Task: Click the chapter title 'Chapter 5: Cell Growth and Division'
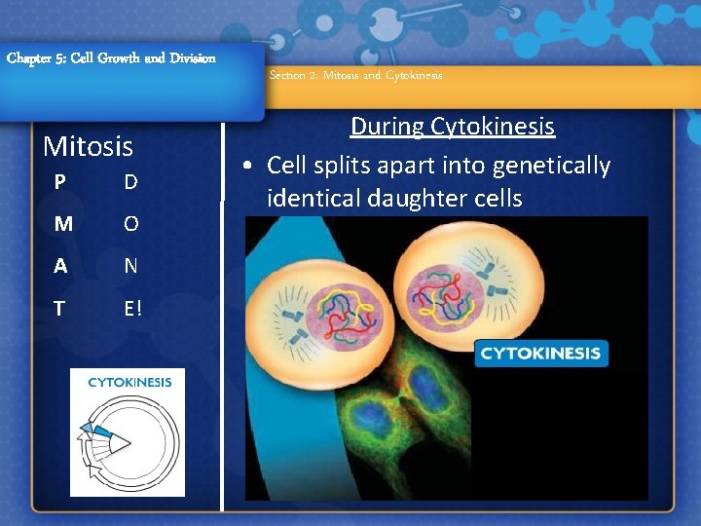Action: point(111,57)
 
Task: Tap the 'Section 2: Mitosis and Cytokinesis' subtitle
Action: point(355,75)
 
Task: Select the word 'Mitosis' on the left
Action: point(89,147)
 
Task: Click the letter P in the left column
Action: point(60,183)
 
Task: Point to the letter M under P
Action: point(62,224)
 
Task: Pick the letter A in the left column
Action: point(61,266)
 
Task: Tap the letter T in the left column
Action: point(60,309)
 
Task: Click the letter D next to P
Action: point(130,183)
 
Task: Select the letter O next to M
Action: point(130,224)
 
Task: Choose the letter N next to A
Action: point(130,266)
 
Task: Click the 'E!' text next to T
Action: point(132,309)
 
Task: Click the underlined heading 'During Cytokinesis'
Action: point(452,127)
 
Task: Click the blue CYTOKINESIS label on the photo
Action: point(540,353)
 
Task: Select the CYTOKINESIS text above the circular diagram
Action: point(129,382)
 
